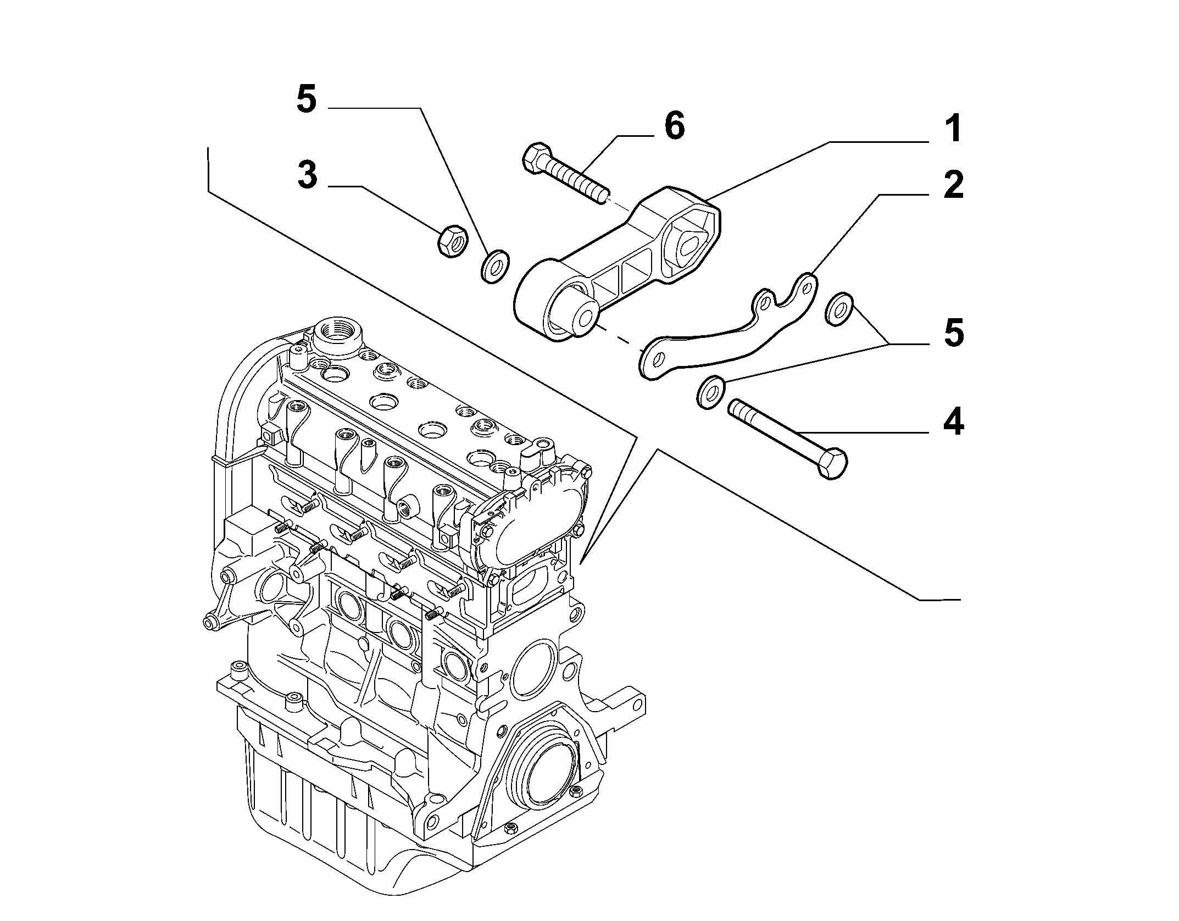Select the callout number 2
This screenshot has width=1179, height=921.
pos(953,186)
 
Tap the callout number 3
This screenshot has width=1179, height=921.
pos(307,175)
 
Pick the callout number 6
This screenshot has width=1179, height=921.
pos(675,126)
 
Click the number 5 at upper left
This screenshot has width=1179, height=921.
pos(307,100)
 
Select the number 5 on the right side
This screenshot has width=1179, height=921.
pos(953,334)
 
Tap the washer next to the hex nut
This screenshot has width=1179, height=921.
pos(494,266)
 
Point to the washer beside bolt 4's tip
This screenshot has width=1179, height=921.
pos(710,392)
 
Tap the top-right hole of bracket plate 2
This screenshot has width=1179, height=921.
pos(806,287)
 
